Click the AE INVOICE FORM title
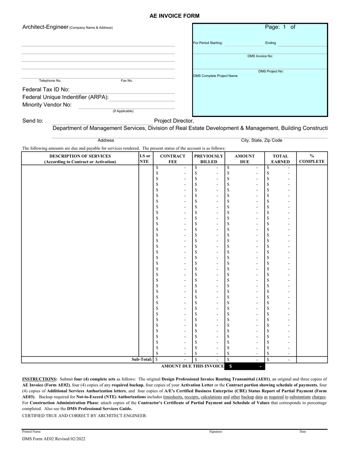(x=174, y=16)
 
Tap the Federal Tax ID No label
(x=46, y=90)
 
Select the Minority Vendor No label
(x=47, y=105)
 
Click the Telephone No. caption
(x=50, y=81)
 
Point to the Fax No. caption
(x=127, y=81)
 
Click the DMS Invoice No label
(x=260, y=56)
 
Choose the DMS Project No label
(x=271, y=71)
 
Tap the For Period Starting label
(x=208, y=43)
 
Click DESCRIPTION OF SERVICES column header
(x=80, y=159)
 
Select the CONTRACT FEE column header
(x=173, y=159)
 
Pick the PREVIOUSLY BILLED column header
(x=208, y=159)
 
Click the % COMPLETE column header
(x=311, y=159)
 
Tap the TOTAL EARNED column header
(x=280, y=159)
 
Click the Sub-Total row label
(x=142, y=359)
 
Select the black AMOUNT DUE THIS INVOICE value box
(x=245, y=367)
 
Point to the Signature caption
(x=216, y=431)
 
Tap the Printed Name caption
(x=31, y=431)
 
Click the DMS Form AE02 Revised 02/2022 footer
(x=54, y=439)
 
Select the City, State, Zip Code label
(x=261, y=140)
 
